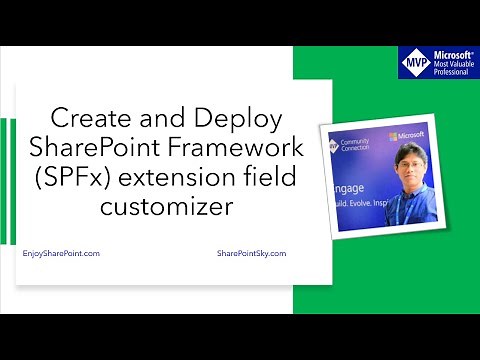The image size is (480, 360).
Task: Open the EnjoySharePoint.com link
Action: click(x=60, y=254)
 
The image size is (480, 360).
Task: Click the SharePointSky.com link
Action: click(x=251, y=254)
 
